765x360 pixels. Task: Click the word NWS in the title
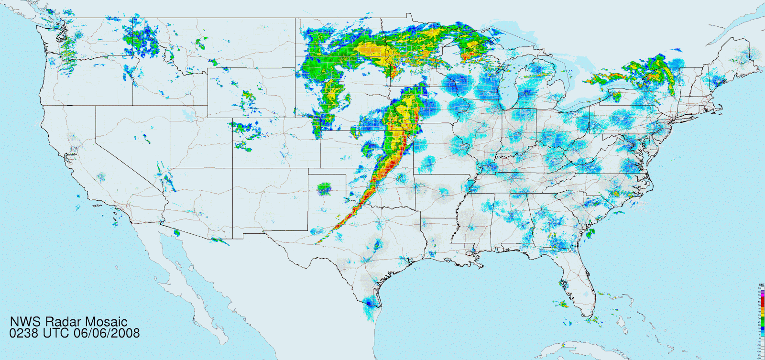pos(23,322)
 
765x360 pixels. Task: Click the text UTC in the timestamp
pos(56,333)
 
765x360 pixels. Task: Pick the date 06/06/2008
pos(107,333)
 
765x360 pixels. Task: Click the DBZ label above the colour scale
pos(762,285)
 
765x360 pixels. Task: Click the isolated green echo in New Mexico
pos(325,188)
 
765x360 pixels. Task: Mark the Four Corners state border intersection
pos(233,168)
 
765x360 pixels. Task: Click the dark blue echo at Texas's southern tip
pos(369,303)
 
